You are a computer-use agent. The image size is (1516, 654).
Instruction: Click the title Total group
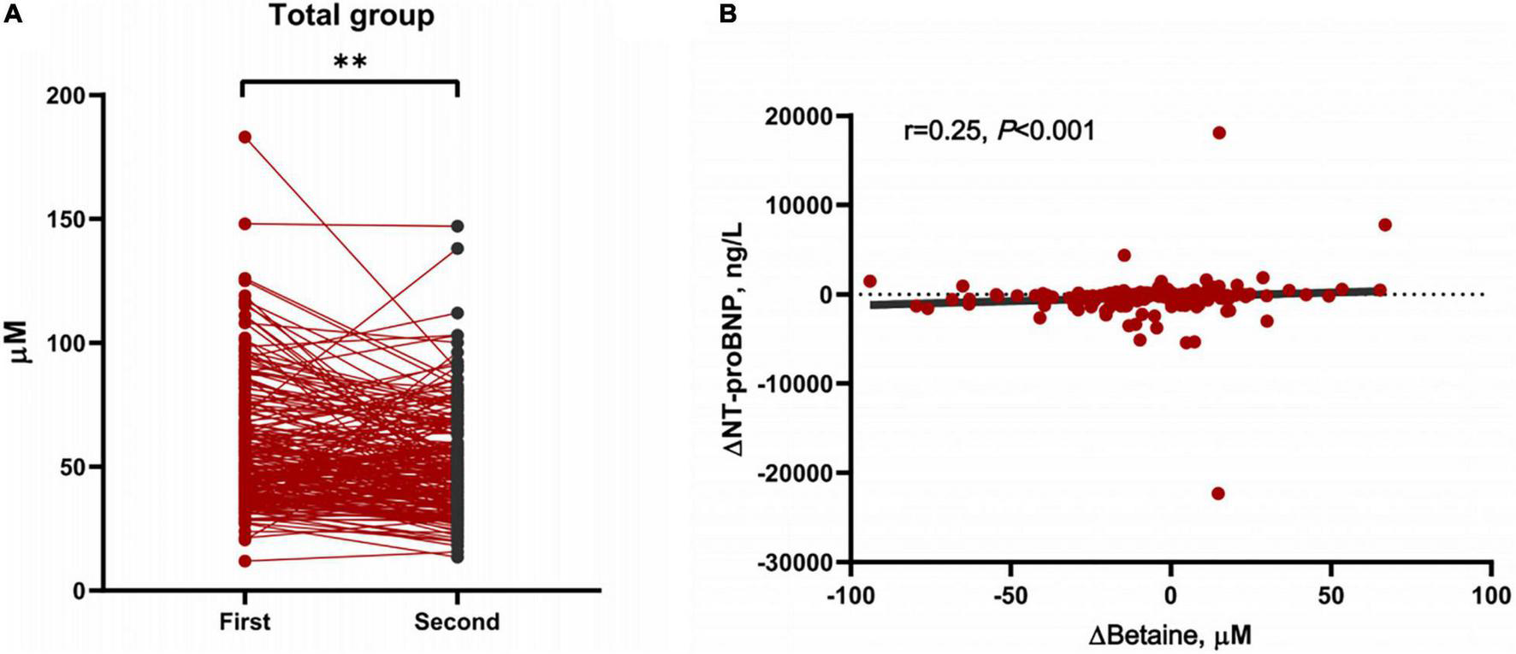[352, 15]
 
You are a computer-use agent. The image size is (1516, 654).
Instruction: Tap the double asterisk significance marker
[350, 62]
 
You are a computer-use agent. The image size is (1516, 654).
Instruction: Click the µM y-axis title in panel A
[21, 342]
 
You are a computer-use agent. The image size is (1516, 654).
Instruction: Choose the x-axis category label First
[245, 622]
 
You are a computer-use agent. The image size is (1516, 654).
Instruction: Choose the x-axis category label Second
[457, 622]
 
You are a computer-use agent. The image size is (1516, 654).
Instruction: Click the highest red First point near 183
[245, 137]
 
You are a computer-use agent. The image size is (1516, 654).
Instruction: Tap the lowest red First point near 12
[245, 561]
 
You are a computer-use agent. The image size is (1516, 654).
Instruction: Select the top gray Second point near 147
[458, 227]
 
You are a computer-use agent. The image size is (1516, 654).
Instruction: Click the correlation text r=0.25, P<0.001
[998, 131]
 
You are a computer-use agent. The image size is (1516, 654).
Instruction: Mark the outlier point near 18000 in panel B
[1219, 133]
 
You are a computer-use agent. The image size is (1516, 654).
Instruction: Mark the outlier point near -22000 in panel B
[1218, 493]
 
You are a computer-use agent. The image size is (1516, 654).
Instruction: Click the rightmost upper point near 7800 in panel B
[1385, 225]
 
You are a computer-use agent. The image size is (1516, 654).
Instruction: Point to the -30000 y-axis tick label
[795, 563]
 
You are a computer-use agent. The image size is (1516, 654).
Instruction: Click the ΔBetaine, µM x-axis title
[1170, 636]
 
